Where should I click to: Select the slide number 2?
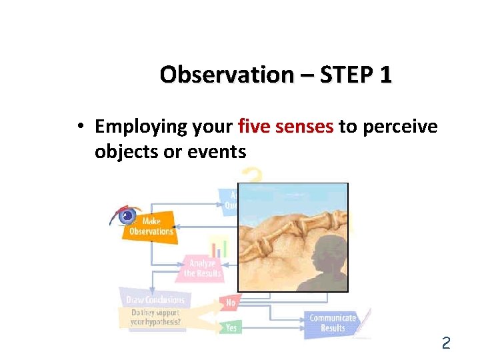(x=446, y=343)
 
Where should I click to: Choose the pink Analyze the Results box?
(x=201, y=268)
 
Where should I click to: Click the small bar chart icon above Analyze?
(x=218, y=247)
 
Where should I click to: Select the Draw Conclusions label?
(x=154, y=300)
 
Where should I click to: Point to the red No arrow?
(x=230, y=303)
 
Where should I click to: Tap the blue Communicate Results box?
(x=332, y=323)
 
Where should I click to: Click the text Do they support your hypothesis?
(x=155, y=317)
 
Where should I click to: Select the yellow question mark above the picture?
(x=251, y=175)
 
